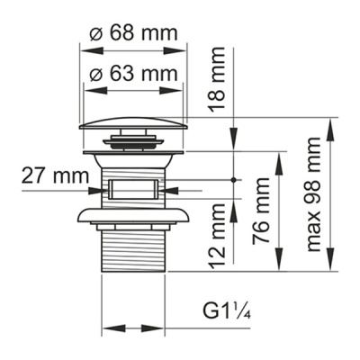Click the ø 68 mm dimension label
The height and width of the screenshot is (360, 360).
[x=135, y=33]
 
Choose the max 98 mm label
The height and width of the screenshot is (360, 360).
[x=313, y=193]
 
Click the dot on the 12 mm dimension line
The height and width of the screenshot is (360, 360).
[x=234, y=180]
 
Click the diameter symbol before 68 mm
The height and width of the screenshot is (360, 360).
[x=95, y=33]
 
